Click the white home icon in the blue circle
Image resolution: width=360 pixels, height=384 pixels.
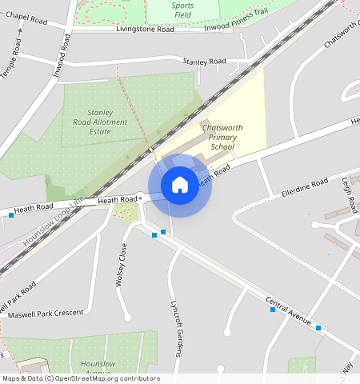click(180, 185)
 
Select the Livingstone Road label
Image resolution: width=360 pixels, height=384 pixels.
click(145, 29)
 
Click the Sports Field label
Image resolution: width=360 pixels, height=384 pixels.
click(182, 10)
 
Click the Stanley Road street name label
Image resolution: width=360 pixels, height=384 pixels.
click(204, 61)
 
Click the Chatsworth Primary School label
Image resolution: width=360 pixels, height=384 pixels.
click(223, 137)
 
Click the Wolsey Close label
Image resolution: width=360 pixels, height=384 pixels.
click(122, 266)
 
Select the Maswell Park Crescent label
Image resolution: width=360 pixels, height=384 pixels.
click(46, 313)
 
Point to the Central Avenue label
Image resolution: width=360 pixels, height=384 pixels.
click(288, 310)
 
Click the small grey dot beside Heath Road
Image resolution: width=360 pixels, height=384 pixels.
click(140, 197)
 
